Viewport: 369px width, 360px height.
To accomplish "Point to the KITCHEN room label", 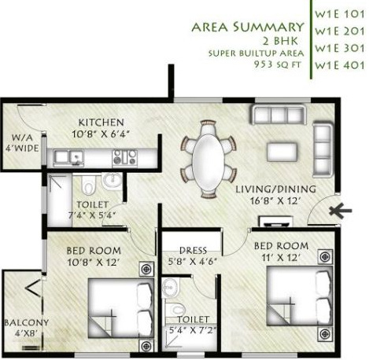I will [99, 122].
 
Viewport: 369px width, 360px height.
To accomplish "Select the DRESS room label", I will [192, 251].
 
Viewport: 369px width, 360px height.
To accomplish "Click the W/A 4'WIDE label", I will [19, 139].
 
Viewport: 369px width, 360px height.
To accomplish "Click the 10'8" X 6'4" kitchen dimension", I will [99, 134].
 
